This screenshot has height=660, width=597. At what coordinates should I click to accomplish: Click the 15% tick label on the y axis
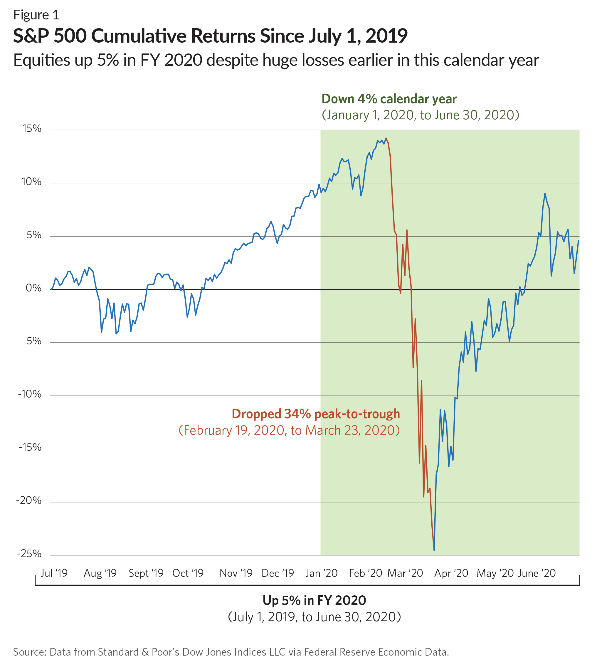click(x=32, y=129)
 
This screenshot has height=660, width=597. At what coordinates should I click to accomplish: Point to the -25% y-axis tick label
click(x=29, y=554)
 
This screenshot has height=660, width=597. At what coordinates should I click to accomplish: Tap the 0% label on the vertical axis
click(x=33, y=288)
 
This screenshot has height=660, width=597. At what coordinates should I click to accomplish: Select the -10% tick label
click(x=30, y=394)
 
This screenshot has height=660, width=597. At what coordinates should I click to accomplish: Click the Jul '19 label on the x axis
click(x=54, y=573)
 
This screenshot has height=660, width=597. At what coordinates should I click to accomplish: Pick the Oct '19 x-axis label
click(x=188, y=573)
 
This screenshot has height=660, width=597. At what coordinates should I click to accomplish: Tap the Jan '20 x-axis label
click(x=321, y=573)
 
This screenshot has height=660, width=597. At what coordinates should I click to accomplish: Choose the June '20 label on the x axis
click(x=537, y=573)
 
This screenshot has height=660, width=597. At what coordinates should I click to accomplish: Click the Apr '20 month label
click(x=451, y=573)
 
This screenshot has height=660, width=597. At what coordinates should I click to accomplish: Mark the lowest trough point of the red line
click(x=434, y=550)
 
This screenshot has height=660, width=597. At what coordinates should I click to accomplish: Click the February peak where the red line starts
click(x=386, y=138)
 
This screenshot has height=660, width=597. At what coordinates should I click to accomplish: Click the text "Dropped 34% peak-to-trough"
click(x=316, y=414)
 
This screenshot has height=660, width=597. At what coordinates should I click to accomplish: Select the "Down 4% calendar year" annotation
click(x=389, y=99)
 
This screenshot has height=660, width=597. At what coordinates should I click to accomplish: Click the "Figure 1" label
click(x=36, y=15)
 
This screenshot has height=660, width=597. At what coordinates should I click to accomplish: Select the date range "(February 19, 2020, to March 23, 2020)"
click(x=289, y=430)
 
